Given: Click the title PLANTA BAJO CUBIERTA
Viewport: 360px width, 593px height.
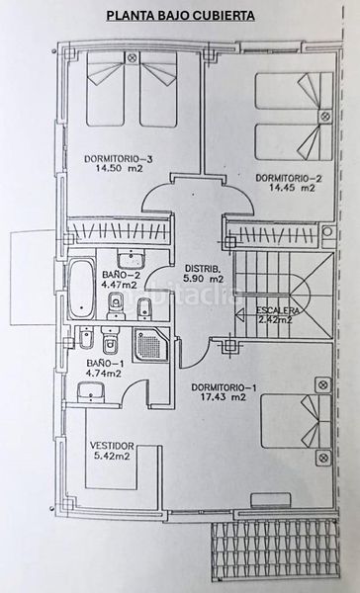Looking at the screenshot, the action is pyautogui.click(x=180, y=16).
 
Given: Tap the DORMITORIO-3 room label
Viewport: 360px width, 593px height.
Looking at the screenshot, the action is pyautogui.click(x=118, y=159).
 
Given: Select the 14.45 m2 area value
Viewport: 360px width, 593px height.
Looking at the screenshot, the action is pyautogui.click(x=292, y=187).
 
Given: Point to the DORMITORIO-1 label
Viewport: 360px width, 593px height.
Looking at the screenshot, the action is pyautogui.click(x=224, y=387).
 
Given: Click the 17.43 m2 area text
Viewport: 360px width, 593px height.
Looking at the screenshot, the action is pyautogui.click(x=224, y=397).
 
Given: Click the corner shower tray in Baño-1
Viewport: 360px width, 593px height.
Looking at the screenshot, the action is pyautogui.click(x=150, y=344).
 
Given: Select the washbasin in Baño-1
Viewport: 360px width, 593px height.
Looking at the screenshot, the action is pyautogui.click(x=91, y=391).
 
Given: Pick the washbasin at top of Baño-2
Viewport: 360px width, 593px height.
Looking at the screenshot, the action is pyautogui.click(x=131, y=258).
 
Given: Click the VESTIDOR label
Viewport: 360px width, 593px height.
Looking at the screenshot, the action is pyautogui.click(x=112, y=446).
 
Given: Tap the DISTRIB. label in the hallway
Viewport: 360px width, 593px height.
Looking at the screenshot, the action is pyautogui.click(x=203, y=269).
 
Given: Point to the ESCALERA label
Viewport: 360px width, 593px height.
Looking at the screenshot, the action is pyautogui.click(x=278, y=310).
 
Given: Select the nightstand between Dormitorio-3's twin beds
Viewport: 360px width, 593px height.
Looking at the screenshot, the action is pyautogui.click(x=132, y=58).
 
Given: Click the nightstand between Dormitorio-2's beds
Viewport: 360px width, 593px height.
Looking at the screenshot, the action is pyautogui.click(x=324, y=117).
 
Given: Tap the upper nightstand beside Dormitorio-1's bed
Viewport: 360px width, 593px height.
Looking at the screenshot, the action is pyautogui.click(x=323, y=385).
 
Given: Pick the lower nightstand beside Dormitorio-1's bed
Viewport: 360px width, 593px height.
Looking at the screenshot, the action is pyautogui.click(x=323, y=458).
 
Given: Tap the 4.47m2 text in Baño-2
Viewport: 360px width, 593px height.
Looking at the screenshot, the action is pyautogui.click(x=120, y=285).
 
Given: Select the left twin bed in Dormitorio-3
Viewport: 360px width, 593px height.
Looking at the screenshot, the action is pyautogui.click(x=106, y=89).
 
